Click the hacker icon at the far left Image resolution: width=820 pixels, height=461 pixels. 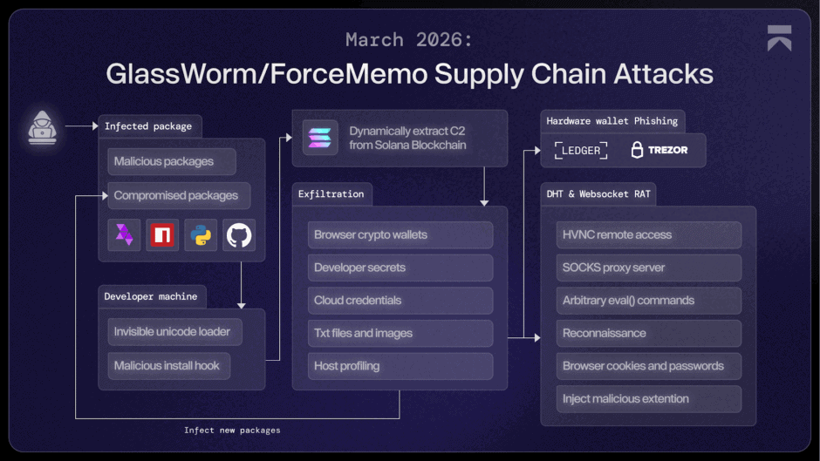click(41, 127)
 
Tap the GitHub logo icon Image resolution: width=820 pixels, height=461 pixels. click(239, 235)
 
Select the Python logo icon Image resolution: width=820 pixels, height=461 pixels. click(201, 235)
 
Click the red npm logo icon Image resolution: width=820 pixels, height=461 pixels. click(162, 235)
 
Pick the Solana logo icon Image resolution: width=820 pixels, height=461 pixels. click(320, 138)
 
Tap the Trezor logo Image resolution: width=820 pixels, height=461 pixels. click(659, 151)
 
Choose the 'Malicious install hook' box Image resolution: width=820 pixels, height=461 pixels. click(168, 366)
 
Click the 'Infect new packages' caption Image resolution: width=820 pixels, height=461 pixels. click(232, 430)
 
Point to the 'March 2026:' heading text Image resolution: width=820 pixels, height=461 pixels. click(410, 39)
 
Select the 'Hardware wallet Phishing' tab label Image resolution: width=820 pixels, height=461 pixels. click(612, 121)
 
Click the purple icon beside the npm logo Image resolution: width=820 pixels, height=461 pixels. click(124, 235)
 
